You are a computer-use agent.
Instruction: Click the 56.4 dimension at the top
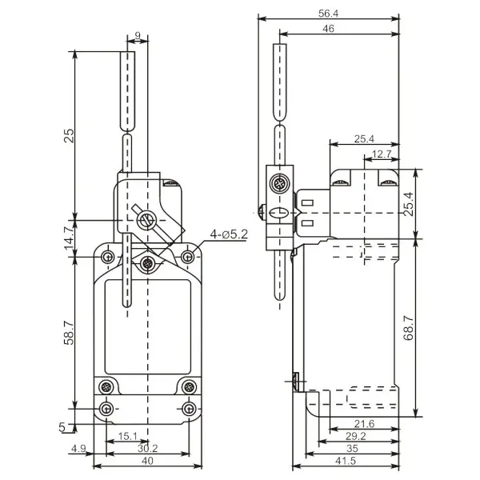328,14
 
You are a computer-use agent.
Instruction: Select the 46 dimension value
328,29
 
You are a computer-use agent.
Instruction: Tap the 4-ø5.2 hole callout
229,234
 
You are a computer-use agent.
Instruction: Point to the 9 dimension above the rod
138,35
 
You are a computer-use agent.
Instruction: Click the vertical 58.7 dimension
69,333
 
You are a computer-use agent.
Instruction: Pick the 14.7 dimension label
69,238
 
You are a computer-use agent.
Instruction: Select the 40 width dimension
147,461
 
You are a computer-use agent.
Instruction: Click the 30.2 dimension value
147,449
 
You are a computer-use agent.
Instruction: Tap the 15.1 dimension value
128,436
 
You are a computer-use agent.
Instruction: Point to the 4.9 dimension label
78,449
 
